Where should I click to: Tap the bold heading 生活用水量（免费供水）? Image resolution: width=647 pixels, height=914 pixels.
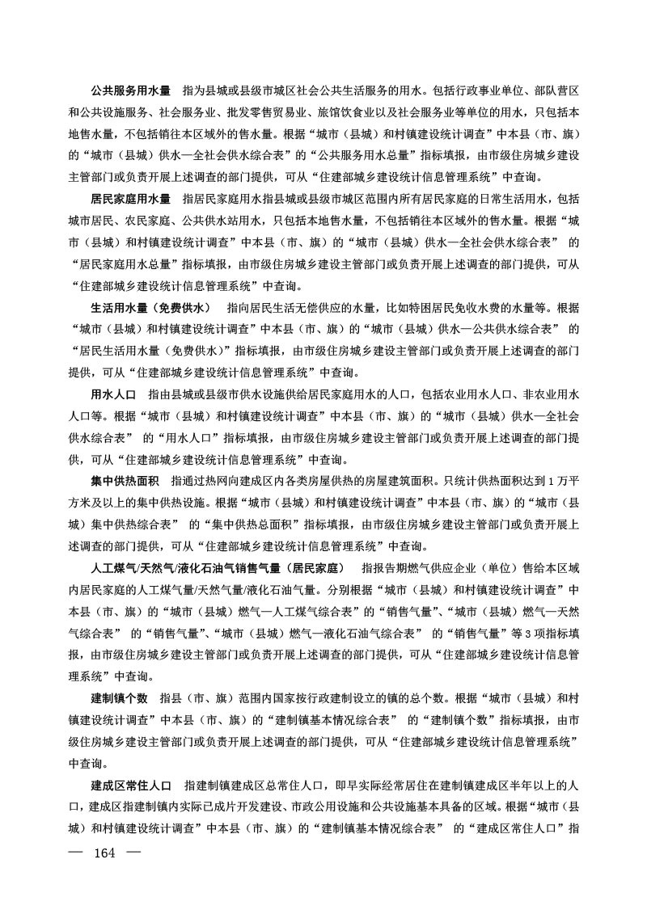pyautogui.click(x=150, y=307)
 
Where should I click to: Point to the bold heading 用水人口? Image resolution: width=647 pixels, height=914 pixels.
pyautogui.click(x=112, y=394)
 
